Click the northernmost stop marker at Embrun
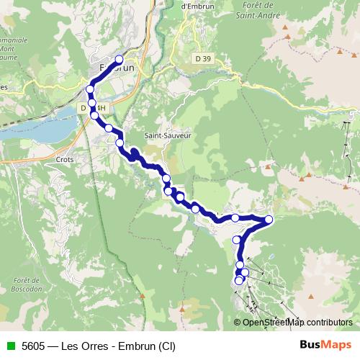(120, 60)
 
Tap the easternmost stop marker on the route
(269, 220)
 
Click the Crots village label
(65, 159)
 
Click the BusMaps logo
(325, 345)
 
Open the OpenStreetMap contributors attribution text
(297, 322)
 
